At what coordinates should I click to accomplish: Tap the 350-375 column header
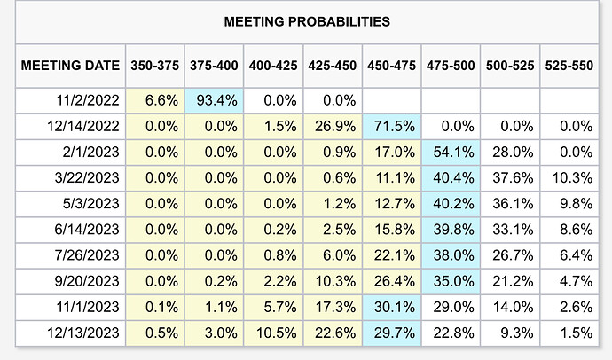coord(154,65)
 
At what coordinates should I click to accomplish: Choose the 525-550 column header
coord(569,65)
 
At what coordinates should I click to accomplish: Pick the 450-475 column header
coord(391,65)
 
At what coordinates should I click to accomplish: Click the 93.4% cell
coord(214,101)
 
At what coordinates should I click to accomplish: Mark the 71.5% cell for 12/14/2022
coord(391,127)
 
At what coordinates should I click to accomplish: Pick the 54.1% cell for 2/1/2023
coord(451,153)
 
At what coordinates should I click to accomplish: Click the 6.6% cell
coord(154,101)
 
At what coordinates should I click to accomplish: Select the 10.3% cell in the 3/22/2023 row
coord(569,178)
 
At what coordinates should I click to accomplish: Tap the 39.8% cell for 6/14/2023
coord(451,231)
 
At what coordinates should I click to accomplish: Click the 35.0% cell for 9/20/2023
coord(451,282)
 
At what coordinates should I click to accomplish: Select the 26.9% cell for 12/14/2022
coord(332,127)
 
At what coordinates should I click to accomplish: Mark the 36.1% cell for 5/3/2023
coord(509,204)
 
